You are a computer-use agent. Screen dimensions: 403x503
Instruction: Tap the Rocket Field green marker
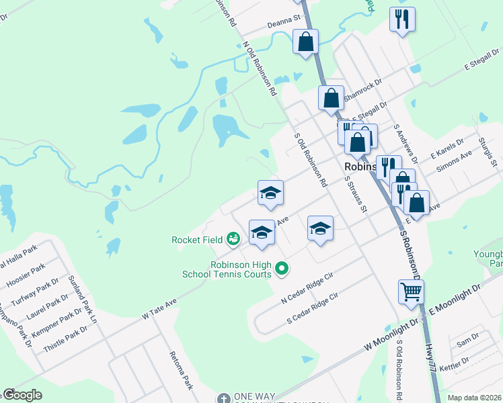[233, 238]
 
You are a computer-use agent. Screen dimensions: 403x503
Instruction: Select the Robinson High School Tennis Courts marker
[282, 269]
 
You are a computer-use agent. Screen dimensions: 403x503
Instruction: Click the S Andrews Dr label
[406, 143]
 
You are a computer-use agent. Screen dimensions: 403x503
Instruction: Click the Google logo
[23, 395]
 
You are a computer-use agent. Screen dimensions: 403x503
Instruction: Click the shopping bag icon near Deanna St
[305, 42]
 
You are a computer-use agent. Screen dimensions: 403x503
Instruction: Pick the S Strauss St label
[356, 195]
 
